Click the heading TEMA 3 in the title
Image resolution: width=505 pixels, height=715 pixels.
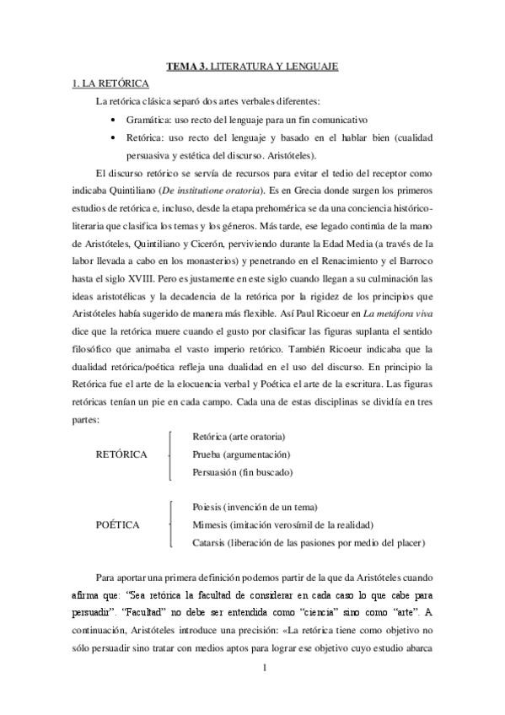pyautogui.click(x=185, y=66)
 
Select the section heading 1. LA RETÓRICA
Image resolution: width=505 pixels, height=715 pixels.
pyautogui.click(x=109, y=85)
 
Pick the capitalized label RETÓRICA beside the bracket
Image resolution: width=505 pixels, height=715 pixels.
pyautogui.click(x=123, y=454)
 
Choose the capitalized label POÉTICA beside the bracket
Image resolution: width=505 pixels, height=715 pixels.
pyautogui.click(x=119, y=524)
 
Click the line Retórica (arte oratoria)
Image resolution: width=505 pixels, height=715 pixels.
pyautogui.click(x=239, y=437)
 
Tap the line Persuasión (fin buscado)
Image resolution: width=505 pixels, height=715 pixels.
pyautogui.click(x=242, y=472)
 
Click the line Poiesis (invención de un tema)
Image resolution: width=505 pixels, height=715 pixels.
pyautogui.click(x=255, y=507)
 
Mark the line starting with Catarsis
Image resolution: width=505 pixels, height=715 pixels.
pyautogui.click(x=309, y=540)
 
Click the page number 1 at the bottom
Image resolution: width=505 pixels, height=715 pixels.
pyautogui.click(x=264, y=669)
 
